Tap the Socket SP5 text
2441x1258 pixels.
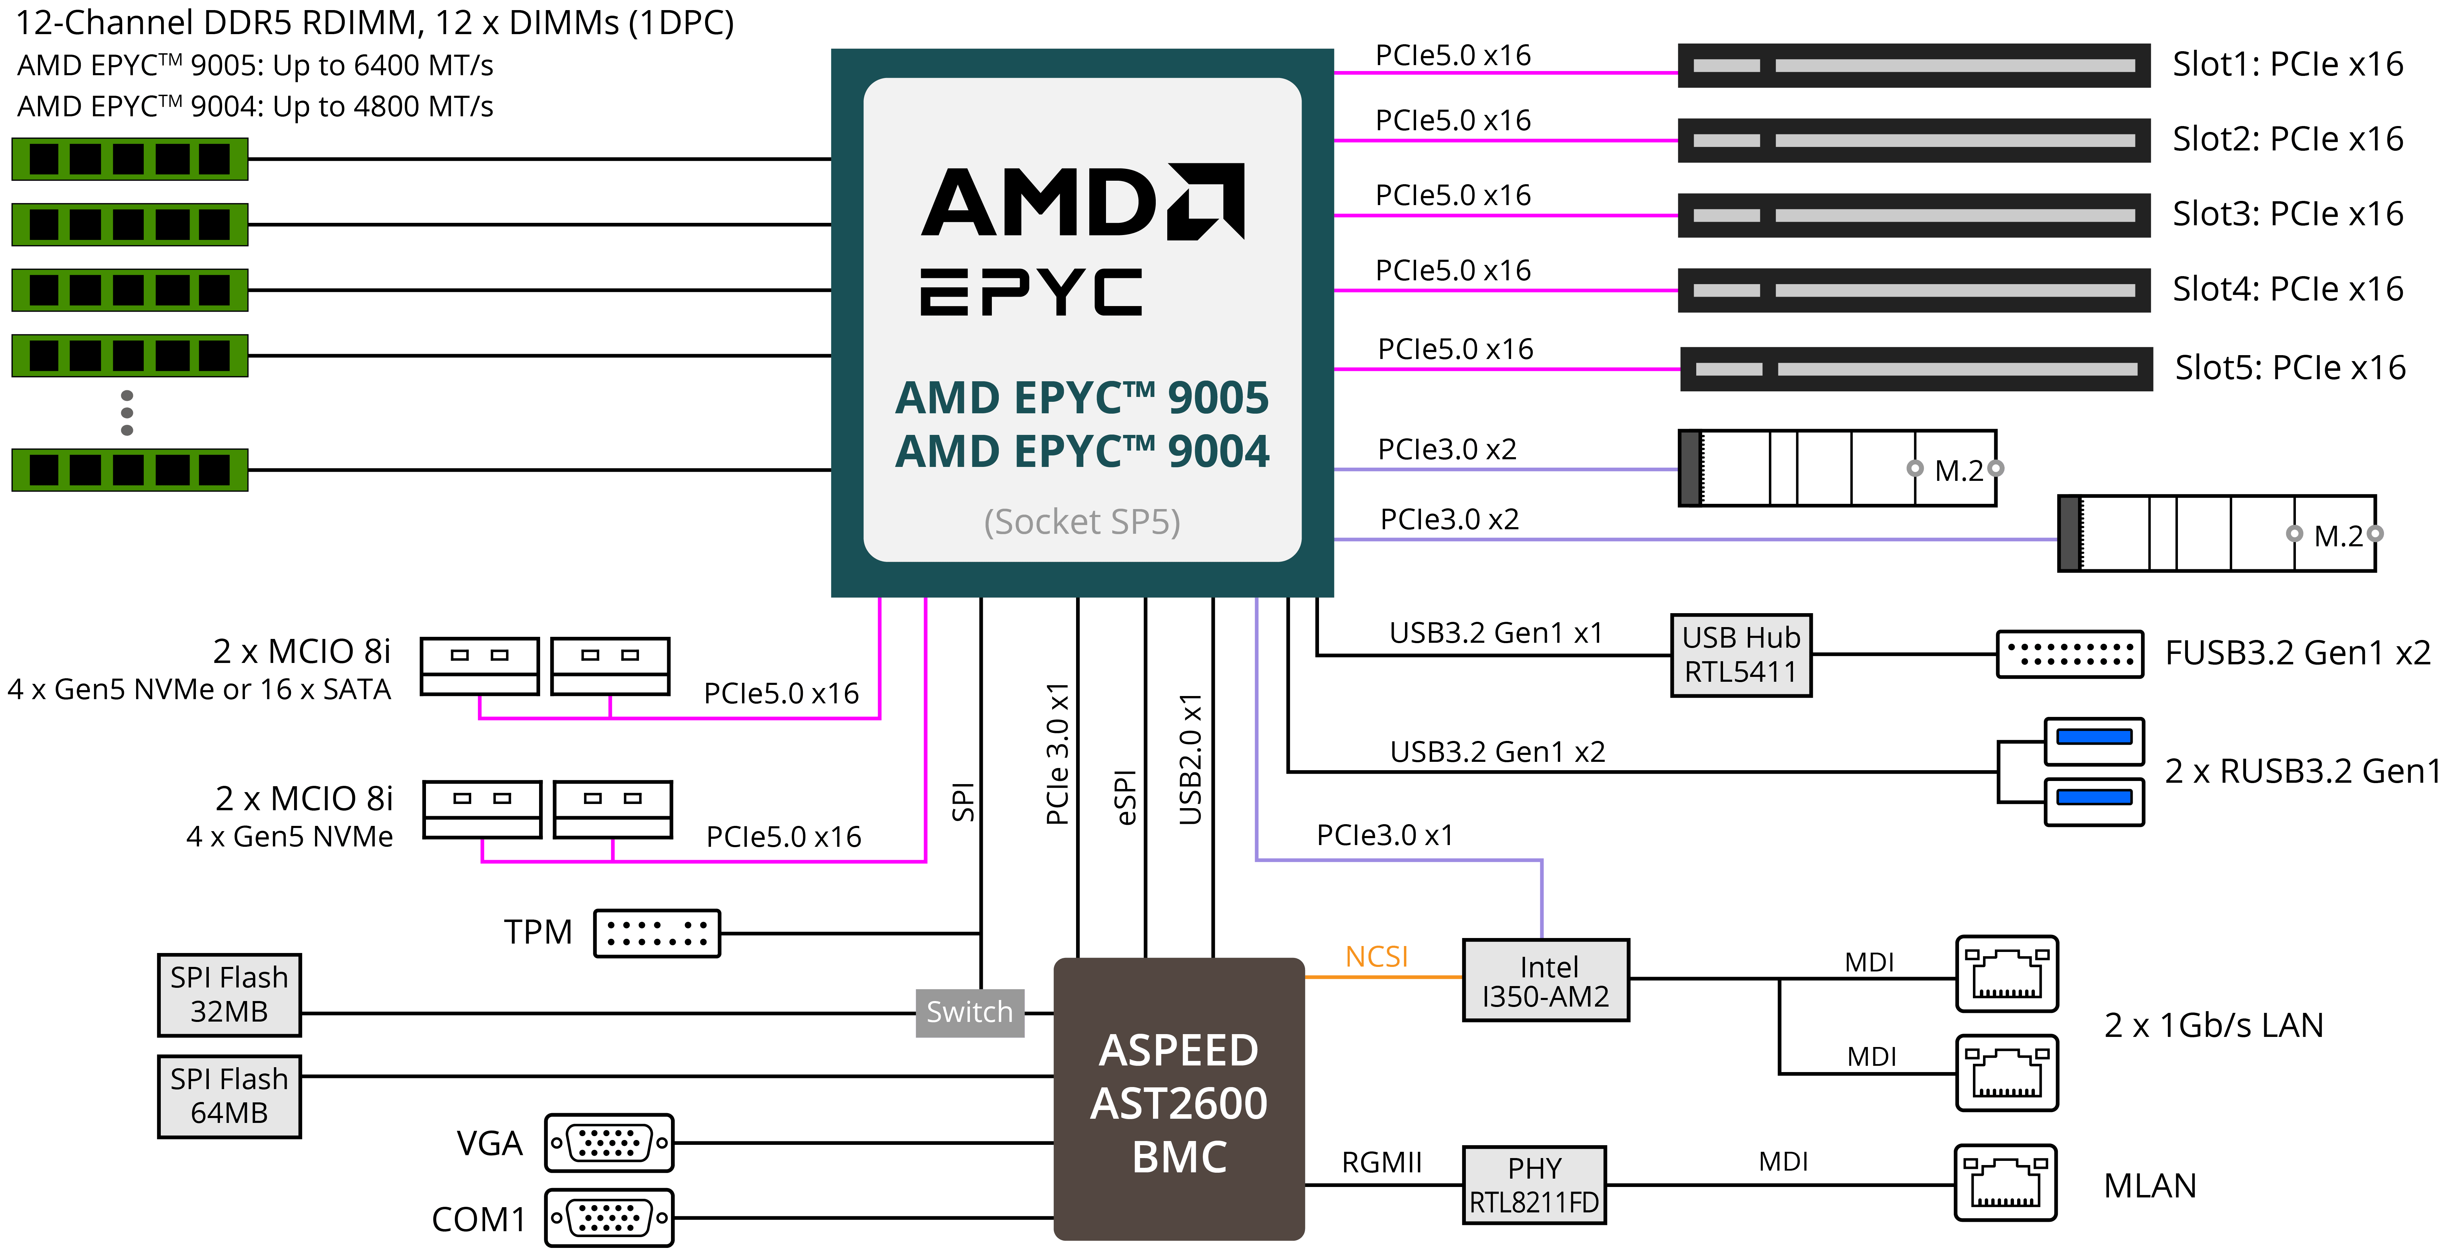pos(1082,521)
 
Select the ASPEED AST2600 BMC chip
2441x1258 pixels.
pos(1179,1100)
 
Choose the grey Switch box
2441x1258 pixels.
pos(969,1013)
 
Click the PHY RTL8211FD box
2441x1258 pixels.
pos(1534,1185)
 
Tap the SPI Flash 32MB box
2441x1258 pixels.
pos(229,994)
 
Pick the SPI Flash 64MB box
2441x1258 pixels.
pos(229,1096)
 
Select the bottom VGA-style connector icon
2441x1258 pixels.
pos(609,1217)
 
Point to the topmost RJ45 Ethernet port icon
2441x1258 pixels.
pos(2007,974)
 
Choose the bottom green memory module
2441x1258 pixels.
pos(130,469)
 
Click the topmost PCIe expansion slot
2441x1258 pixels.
pos(1914,65)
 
